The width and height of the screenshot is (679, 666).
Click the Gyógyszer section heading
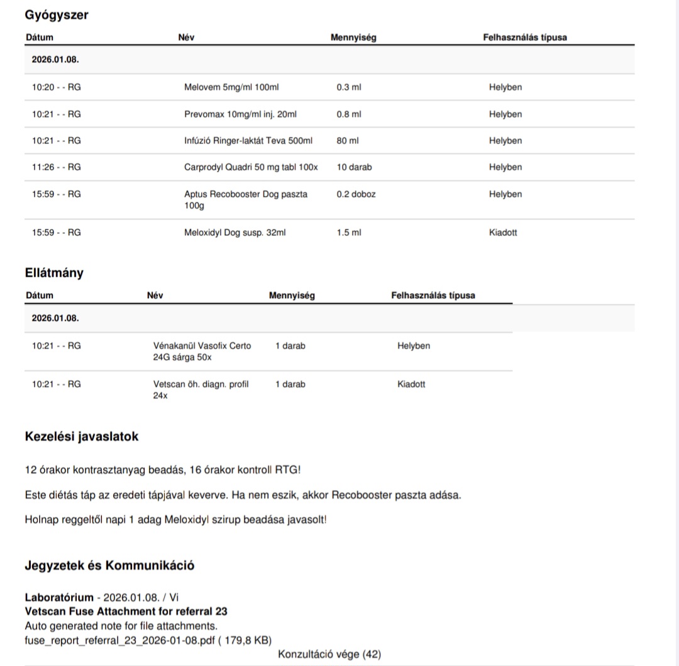pos(57,15)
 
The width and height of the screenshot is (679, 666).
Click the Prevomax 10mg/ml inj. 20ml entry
pos(240,114)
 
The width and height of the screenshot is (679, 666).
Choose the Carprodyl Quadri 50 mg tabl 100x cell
pos(251,167)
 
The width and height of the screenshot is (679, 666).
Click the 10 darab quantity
pos(354,167)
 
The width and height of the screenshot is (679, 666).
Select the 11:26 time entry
pos(56,167)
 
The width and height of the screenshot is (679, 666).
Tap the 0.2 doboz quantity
pos(356,194)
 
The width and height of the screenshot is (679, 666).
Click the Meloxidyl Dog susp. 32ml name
pos(235,233)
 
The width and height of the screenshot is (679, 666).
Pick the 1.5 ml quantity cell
pos(349,233)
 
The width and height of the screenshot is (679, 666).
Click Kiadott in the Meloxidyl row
pos(503,233)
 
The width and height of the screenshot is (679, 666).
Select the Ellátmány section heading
pos(54,273)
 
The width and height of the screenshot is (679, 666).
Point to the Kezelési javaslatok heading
pos(82,436)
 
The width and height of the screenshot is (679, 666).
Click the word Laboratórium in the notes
pos(59,597)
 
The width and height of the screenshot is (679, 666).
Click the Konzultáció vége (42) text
pos(329,654)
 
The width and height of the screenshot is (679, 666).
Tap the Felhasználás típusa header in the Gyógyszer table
pos(524,37)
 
